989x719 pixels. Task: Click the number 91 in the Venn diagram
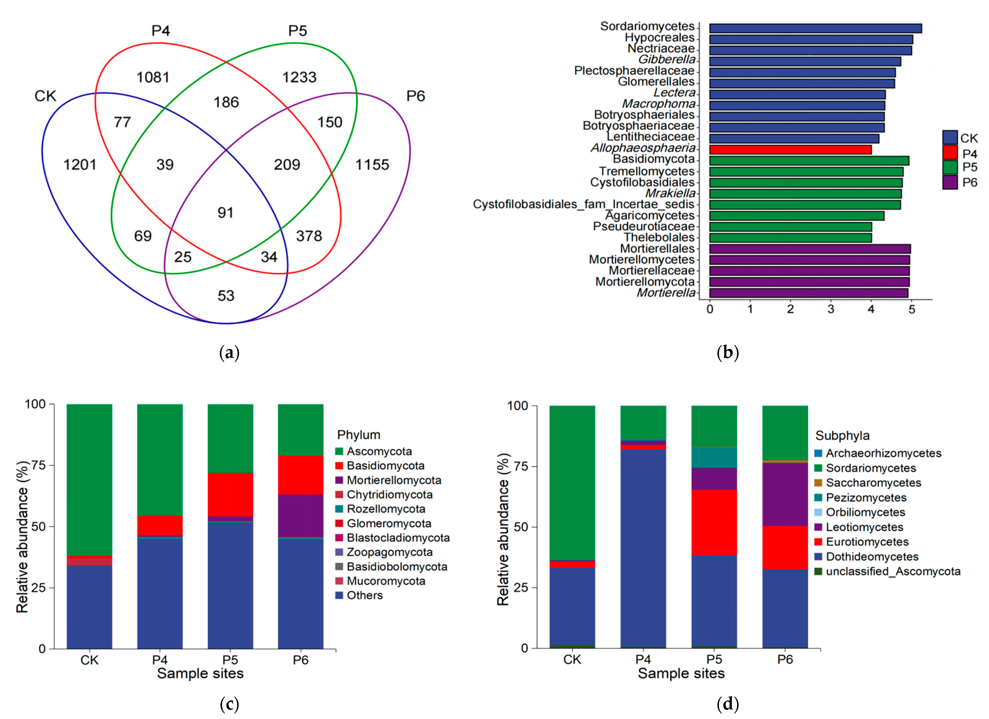point(226,213)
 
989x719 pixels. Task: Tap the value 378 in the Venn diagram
point(309,236)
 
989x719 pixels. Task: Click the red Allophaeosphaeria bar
point(790,149)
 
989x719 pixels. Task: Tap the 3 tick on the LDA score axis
point(831,309)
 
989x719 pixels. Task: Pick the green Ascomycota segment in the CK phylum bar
point(89,479)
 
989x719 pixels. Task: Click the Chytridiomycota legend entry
point(389,495)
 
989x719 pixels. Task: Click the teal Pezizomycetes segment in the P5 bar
point(714,458)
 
